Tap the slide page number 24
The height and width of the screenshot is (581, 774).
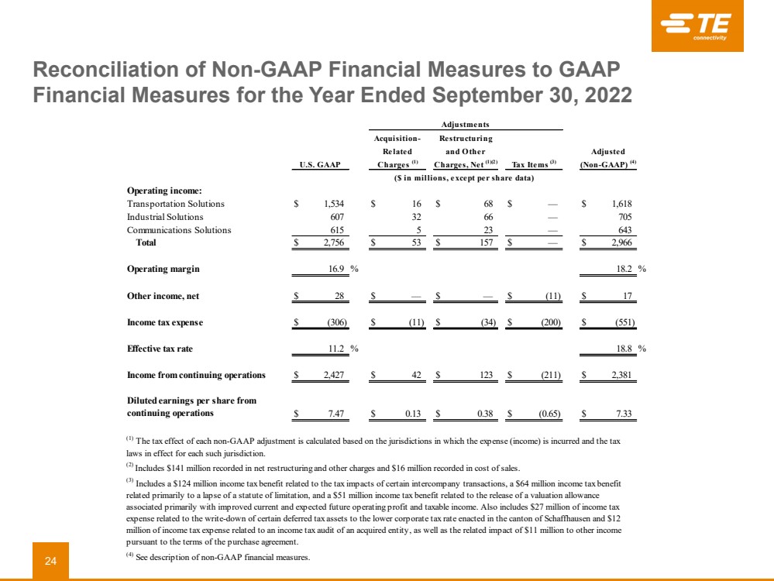(50, 560)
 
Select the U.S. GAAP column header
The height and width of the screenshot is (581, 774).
(320, 164)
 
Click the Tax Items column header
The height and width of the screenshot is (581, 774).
(532, 164)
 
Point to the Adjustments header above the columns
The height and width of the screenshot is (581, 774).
(465, 124)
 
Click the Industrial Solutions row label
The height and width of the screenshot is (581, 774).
(154, 217)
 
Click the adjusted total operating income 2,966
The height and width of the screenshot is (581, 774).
(620, 243)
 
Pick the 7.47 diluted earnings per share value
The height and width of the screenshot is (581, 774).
(335, 414)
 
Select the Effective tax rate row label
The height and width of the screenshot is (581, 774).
(160, 349)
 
